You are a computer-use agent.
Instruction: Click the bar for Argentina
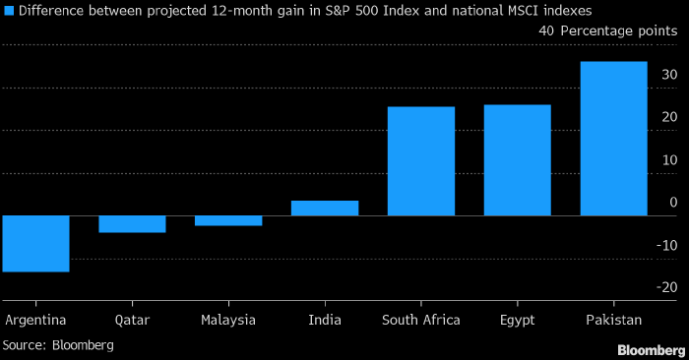pos(36,244)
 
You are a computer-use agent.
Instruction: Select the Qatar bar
pos(132,224)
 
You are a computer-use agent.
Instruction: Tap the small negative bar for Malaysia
pos(228,220)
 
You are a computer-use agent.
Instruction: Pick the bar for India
pos(325,209)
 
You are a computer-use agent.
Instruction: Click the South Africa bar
pos(421,161)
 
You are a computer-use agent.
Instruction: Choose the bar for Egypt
pos(518,160)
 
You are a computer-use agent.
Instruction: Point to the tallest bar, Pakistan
pos(614,139)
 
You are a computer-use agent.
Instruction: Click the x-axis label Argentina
pos(35,320)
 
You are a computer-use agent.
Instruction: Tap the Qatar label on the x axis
pos(132,320)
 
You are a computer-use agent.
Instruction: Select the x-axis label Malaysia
pos(228,320)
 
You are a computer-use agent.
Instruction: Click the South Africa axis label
pos(421,320)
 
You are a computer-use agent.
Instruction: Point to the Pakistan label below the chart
pos(614,320)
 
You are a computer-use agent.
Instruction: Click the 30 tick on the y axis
pos(669,75)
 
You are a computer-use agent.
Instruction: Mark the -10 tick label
pos(667,246)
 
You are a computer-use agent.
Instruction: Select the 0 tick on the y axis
pos(673,203)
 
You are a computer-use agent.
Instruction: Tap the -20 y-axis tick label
pos(667,287)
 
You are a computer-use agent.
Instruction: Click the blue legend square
pos(9,11)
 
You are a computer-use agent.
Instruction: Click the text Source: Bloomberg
pos(58,345)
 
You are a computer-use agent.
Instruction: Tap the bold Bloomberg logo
pos(652,350)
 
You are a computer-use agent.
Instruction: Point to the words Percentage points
pos(619,31)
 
